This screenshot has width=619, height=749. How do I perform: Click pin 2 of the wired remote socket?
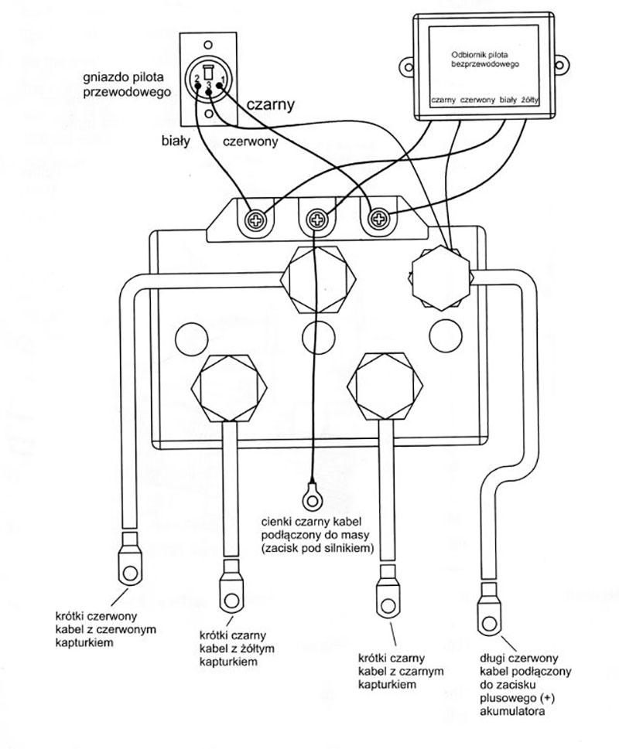pyautogui.click(x=199, y=80)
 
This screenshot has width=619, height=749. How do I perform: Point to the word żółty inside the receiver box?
pyautogui.click(x=532, y=100)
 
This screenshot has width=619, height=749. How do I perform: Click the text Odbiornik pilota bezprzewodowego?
pyautogui.click(x=483, y=61)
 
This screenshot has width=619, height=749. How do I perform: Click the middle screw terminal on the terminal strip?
pyautogui.click(x=316, y=220)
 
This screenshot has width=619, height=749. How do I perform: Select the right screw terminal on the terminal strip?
pyautogui.click(x=378, y=220)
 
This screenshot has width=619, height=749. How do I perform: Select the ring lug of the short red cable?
pyautogui.click(x=128, y=567)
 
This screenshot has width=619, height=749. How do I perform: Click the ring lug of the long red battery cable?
pyautogui.click(x=490, y=617)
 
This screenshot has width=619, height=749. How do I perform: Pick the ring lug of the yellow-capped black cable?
pyautogui.click(x=230, y=590)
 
